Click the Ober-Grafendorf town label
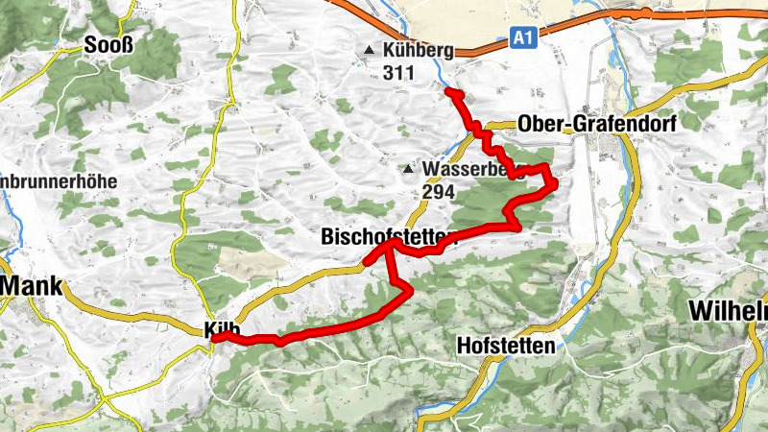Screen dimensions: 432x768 point(596,124)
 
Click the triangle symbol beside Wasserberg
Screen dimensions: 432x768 point(408,170)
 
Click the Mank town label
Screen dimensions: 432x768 point(30,286)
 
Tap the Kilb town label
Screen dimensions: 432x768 point(222,329)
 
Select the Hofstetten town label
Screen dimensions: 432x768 point(507,346)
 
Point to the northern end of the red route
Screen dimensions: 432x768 point(448,90)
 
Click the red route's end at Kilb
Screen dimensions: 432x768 point(215,337)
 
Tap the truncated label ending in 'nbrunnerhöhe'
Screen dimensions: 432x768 point(59,180)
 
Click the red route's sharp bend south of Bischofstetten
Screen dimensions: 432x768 point(410,289)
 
